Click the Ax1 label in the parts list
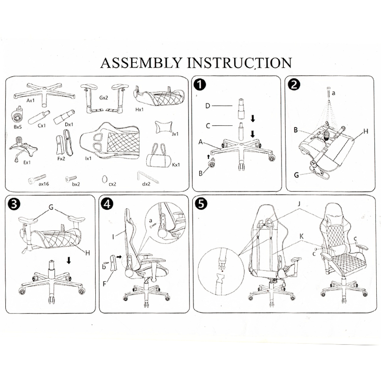pos(31,100)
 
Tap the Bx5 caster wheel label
pos(18,127)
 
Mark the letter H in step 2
pos(365,130)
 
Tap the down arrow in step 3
pos(69,261)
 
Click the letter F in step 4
pos(105,284)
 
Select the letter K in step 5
pos(301,236)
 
